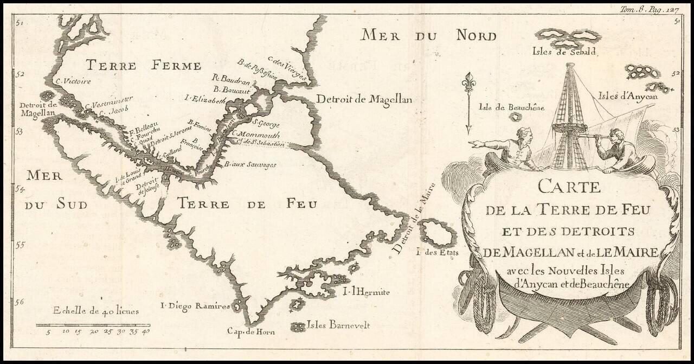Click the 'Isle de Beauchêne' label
(511, 107)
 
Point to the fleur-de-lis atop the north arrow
(468, 82)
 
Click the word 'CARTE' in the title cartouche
(569, 188)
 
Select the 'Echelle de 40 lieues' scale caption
(95, 311)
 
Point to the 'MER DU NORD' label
(429, 36)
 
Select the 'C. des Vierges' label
(287, 70)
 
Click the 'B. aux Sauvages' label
(250, 164)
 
